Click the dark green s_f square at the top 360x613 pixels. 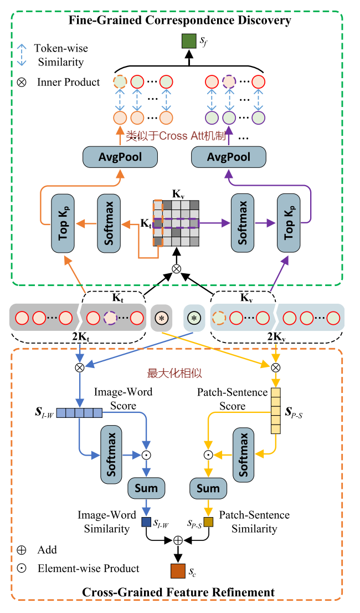[189, 41]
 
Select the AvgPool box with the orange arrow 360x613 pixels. [120, 157]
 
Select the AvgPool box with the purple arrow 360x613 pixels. [229, 157]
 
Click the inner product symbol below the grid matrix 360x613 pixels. [177, 269]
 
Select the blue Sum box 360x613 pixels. [146, 488]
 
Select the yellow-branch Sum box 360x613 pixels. [208, 488]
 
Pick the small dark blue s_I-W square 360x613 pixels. [146, 522]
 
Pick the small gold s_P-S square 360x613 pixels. [208, 522]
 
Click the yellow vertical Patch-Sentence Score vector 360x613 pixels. [275, 410]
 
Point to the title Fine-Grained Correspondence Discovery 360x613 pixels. [180, 21]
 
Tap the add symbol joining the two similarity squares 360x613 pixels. [178, 539]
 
